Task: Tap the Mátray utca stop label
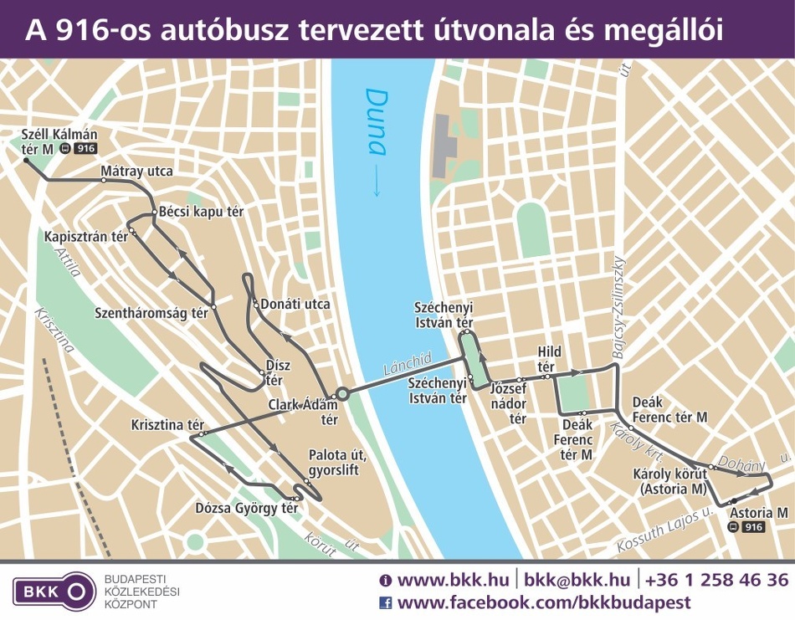click(136, 172)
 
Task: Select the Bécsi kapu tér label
click(201, 212)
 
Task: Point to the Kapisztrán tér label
click(86, 237)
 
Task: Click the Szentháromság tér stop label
click(151, 313)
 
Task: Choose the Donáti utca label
click(295, 304)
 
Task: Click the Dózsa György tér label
click(246, 508)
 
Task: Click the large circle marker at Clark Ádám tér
click(341, 392)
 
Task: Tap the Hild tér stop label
click(549, 359)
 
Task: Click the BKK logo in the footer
click(51, 591)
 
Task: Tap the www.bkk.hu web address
click(446, 580)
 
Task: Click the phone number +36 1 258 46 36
click(716, 580)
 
